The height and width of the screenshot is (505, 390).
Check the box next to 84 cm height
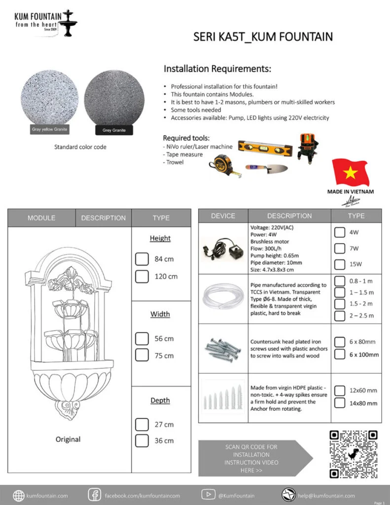(x=142, y=258)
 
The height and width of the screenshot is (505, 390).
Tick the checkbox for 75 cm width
(x=142, y=355)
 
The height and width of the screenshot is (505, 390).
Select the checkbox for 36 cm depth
(x=142, y=440)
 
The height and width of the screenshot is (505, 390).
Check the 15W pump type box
(x=339, y=264)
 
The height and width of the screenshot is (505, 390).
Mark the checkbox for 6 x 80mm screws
(x=339, y=342)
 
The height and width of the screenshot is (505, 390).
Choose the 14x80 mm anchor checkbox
(x=339, y=403)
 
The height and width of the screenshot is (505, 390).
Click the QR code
(x=353, y=455)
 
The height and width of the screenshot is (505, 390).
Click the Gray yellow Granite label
(x=49, y=129)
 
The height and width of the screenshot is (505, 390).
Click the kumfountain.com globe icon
(x=19, y=496)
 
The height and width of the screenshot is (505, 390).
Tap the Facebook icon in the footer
(x=94, y=495)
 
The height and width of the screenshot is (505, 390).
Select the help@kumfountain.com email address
(x=325, y=496)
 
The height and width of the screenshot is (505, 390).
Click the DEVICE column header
(x=223, y=216)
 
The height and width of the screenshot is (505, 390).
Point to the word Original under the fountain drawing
(x=68, y=439)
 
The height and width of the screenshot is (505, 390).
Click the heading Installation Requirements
(x=217, y=69)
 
